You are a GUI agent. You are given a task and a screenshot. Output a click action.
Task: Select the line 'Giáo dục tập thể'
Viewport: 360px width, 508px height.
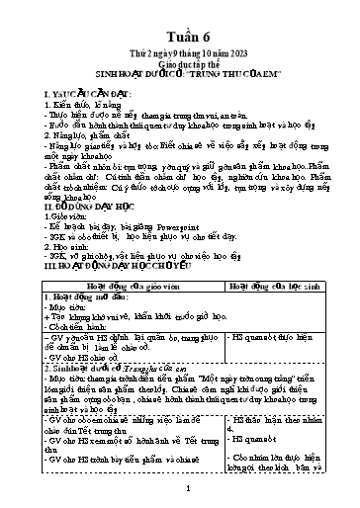click(x=182, y=55)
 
